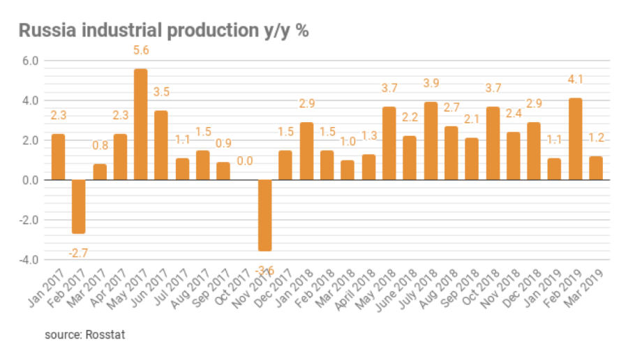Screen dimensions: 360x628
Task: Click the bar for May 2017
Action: (x=140, y=124)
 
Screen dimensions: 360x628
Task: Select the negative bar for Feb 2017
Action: (x=78, y=207)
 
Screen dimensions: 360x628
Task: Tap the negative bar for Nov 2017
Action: (x=264, y=215)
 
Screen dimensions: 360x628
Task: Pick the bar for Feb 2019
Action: (x=575, y=139)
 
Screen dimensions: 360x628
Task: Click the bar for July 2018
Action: (x=431, y=141)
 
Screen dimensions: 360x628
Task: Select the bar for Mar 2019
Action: (x=596, y=168)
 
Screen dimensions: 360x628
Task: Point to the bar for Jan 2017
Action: (x=58, y=157)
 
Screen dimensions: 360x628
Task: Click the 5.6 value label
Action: (x=140, y=51)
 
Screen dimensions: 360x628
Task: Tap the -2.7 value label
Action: (x=78, y=253)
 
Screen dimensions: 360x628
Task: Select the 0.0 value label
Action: (x=244, y=161)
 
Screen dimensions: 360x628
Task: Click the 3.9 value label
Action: (x=431, y=84)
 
